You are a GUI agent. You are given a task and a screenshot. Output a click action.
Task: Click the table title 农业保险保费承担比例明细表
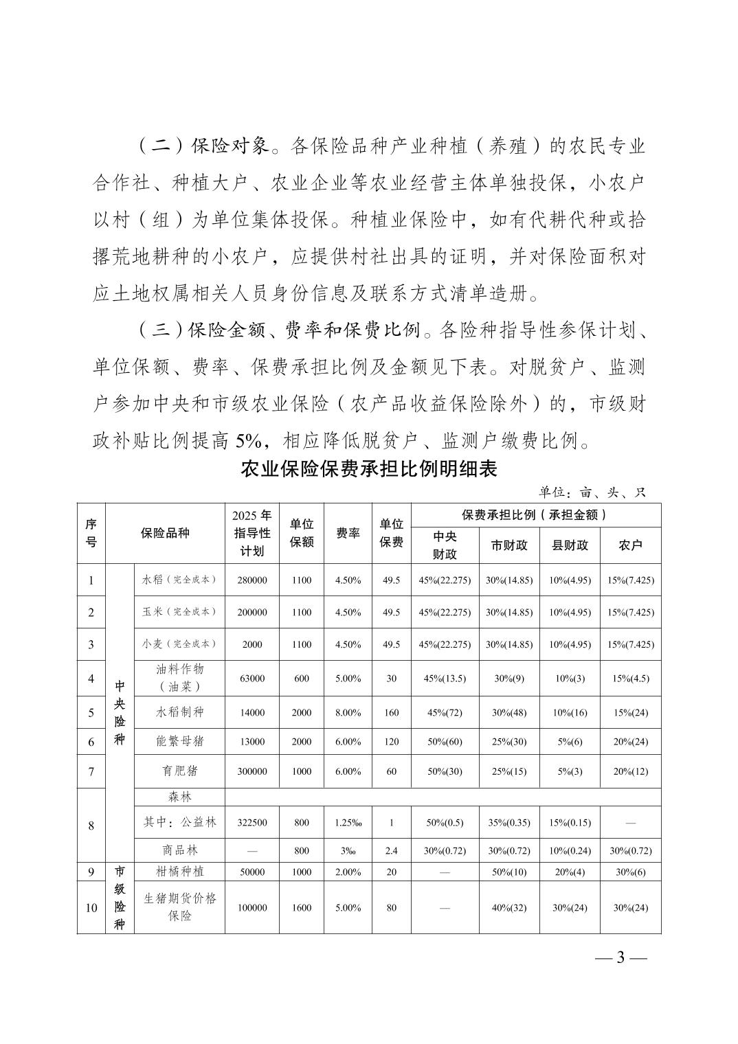click(x=368, y=470)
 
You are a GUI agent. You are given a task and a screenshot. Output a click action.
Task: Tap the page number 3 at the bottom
click(x=620, y=957)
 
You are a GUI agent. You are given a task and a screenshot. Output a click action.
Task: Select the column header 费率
click(x=348, y=534)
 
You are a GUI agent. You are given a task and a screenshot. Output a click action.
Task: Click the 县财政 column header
click(x=570, y=545)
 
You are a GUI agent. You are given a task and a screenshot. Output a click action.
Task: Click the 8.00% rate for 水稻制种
click(x=348, y=713)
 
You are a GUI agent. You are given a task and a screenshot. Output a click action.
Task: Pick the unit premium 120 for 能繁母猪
click(x=391, y=742)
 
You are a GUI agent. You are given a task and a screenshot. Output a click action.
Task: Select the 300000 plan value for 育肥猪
click(x=251, y=771)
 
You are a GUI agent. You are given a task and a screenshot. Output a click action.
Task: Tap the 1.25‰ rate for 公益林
click(x=348, y=823)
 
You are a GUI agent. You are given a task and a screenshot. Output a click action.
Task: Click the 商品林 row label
click(x=179, y=850)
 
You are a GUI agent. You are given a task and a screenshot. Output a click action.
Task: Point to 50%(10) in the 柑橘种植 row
click(x=509, y=872)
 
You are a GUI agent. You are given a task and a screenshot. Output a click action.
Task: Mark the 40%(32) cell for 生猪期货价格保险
click(x=509, y=908)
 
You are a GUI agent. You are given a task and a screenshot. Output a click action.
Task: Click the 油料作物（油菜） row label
click(x=179, y=678)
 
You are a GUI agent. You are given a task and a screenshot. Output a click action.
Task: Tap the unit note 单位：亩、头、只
click(x=592, y=492)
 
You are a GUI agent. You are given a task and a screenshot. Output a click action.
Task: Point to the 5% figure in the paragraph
click(x=254, y=440)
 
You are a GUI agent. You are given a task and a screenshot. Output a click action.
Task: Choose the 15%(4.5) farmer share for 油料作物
click(x=630, y=679)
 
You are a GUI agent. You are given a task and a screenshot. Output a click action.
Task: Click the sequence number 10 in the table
click(x=91, y=908)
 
